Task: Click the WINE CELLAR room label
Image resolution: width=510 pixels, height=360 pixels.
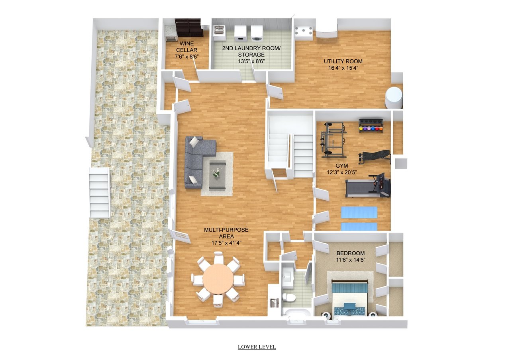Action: (187, 47)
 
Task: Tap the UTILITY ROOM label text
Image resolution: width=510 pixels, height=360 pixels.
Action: (343, 61)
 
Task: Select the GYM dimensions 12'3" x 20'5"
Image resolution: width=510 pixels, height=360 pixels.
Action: (342, 172)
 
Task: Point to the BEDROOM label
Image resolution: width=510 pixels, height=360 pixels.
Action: (351, 253)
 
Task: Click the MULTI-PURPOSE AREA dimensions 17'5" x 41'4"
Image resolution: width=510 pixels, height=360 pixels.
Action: (226, 243)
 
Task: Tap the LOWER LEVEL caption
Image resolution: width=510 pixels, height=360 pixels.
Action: (257, 347)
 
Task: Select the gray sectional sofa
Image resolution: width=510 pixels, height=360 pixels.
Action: (198, 162)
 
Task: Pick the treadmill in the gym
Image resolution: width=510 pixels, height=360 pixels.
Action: (368, 186)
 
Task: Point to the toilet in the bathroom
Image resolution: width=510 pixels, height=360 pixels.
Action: (288, 297)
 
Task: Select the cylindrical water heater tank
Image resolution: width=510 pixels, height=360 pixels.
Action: (394, 98)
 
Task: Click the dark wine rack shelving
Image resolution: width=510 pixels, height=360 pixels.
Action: (189, 28)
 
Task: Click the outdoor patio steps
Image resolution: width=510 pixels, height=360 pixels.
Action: (100, 192)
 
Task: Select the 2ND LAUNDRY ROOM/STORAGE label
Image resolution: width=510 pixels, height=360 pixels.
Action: (251, 51)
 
